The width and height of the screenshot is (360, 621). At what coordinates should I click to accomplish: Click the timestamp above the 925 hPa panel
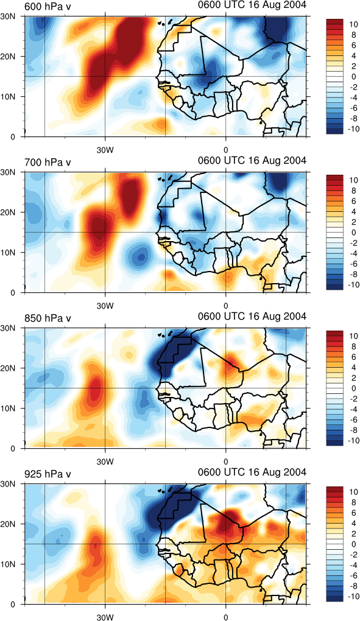252,472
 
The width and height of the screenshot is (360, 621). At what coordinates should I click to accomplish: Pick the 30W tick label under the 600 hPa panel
105,150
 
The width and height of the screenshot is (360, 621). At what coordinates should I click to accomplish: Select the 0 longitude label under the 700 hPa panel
226,306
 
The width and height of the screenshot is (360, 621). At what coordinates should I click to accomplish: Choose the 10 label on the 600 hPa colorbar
354,24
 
